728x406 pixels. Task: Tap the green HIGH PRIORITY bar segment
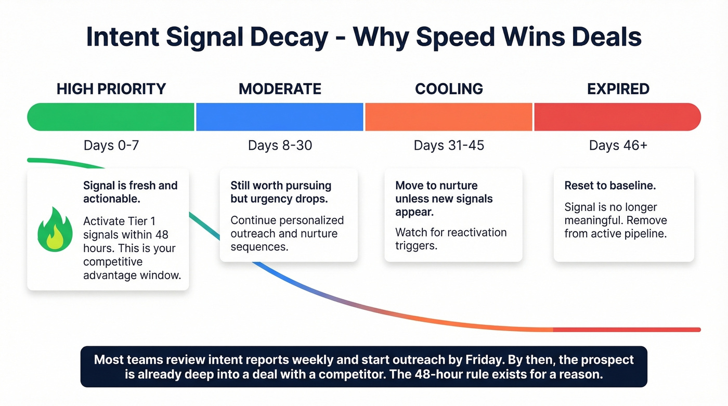111,117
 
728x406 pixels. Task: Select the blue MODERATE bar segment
280,117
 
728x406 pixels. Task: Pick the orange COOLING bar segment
449,117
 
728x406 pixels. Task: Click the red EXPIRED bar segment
617,117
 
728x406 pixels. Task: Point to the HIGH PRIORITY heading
111,89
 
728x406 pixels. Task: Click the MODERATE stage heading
280,89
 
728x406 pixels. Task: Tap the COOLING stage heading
449,89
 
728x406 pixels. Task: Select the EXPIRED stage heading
618,89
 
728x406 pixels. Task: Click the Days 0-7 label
111,146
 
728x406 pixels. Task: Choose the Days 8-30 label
280,146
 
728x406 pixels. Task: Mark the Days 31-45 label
449,146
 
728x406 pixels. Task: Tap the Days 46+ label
618,146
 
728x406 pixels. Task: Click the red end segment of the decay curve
627,330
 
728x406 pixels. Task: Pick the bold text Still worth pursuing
281,186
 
